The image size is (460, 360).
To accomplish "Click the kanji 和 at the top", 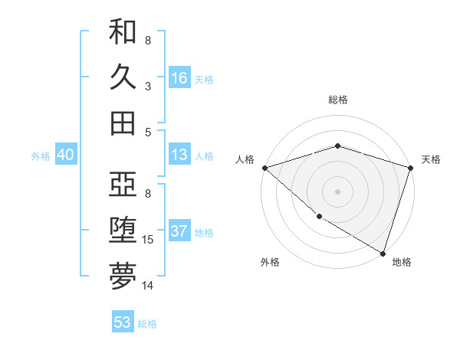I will tap(123, 31).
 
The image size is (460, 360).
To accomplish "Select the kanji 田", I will tap(123, 123).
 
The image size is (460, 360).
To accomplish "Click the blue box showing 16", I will tap(179, 78).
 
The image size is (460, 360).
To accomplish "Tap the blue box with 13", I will tap(179, 155).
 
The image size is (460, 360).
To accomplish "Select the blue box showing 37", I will tap(179, 231).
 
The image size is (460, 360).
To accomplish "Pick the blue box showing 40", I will tap(65, 155).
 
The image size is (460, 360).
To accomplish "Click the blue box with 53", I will tap(123, 322).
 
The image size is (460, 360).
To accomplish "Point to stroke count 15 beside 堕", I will tap(149, 240).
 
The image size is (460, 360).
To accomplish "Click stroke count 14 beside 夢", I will tap(149, 286).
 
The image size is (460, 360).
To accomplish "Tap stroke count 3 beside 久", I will tap(148, 87).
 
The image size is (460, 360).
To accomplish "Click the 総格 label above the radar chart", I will tap(337, 100).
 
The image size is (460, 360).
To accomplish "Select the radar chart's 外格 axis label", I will tap(270, 262).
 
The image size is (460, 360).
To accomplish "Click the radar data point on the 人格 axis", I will tap(264, 167).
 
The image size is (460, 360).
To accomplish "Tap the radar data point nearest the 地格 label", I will tap(383, 253).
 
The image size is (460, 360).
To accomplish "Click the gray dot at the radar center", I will tap(337, 191).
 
